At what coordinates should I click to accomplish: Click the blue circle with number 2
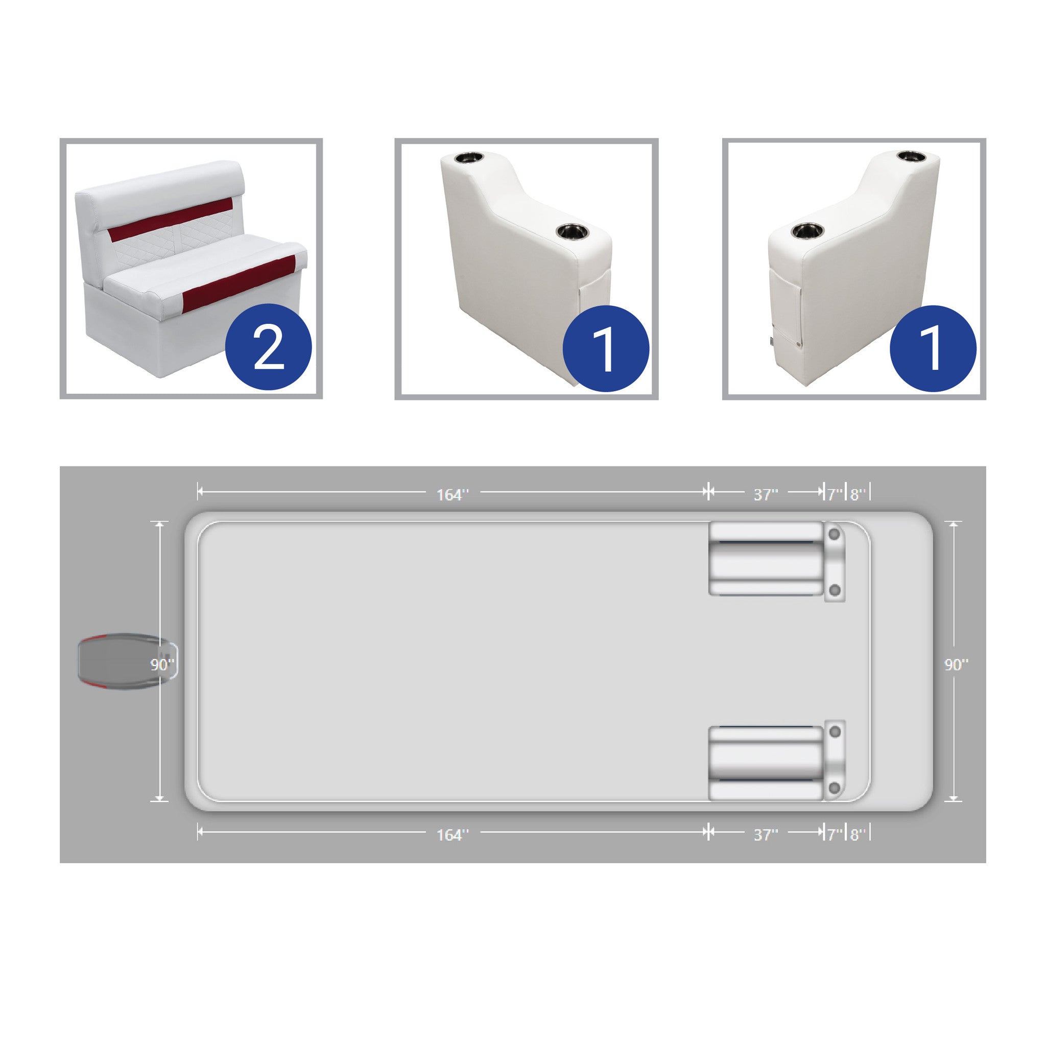point(269,347)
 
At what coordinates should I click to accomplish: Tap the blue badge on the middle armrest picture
point(606,349)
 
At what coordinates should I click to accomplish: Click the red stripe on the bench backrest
point(171,220)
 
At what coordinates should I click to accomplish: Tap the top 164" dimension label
point(453,494)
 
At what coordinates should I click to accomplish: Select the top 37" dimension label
point(766,494)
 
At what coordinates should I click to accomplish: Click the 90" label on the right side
point(956,664)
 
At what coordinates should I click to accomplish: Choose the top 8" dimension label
point(858,494)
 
